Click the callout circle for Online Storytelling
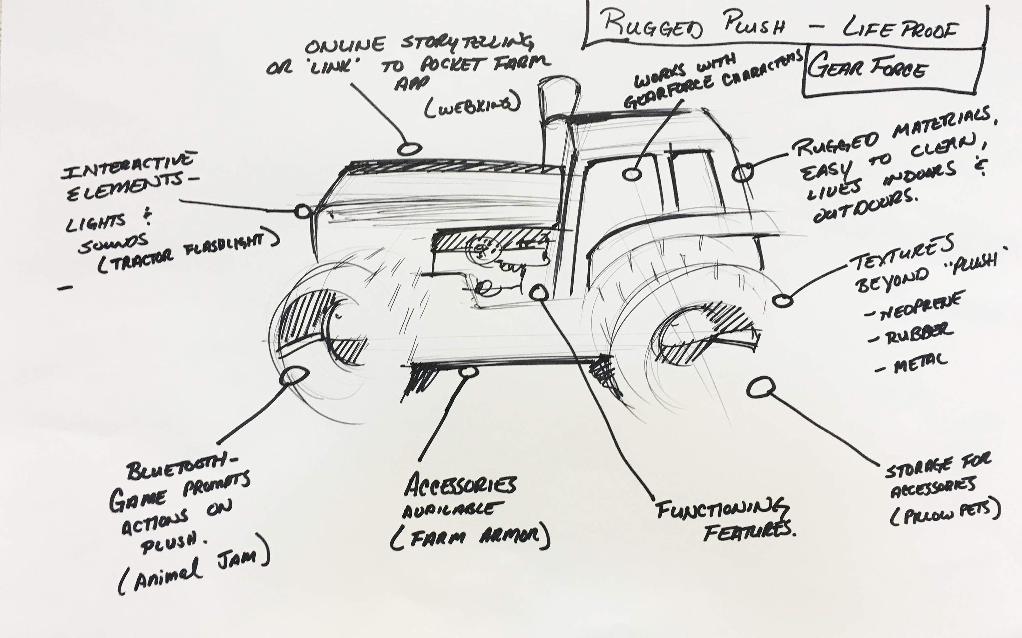tap(410, 149)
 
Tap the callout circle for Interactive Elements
tap(302, 211)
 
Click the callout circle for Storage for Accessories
tap(760, 387)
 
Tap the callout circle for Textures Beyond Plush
tap(782, 300)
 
